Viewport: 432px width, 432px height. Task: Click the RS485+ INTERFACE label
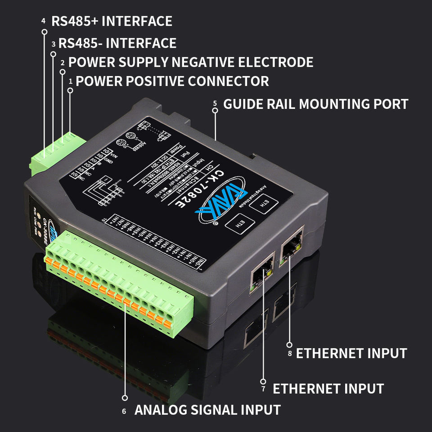tap(112, 21)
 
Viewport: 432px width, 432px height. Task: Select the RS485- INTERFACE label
tap(117, 43)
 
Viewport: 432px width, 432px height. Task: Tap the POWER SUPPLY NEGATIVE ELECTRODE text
tap(191, 62)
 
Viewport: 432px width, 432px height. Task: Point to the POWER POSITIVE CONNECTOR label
tap(172, 81)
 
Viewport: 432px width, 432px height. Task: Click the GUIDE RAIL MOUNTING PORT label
tap(315, 104)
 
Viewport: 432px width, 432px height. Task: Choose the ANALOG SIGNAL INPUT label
tap(207, 410)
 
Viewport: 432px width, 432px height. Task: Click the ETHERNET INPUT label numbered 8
tap(351, 353)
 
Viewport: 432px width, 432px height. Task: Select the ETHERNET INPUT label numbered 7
tap(328, 389)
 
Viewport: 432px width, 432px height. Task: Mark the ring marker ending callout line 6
tap(125, 398)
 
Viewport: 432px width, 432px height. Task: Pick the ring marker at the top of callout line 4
tap(44, 32)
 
